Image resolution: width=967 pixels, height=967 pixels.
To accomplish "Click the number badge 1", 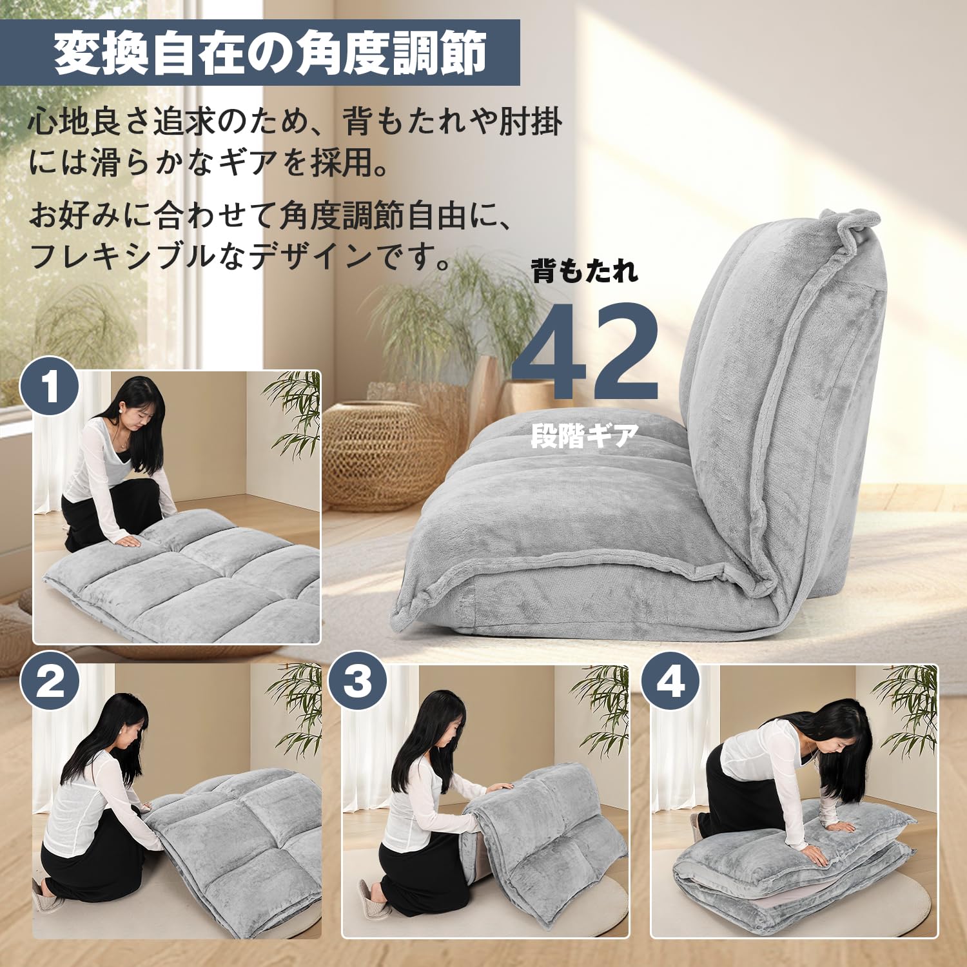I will coord(50,386).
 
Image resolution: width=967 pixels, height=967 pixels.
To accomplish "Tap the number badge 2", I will coord(50,682).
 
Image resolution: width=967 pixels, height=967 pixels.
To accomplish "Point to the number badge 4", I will coord(670,682).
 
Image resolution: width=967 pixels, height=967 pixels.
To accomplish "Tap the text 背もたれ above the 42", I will coord(585,271).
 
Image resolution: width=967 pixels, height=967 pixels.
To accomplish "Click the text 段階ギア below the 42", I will coord(585,436).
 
